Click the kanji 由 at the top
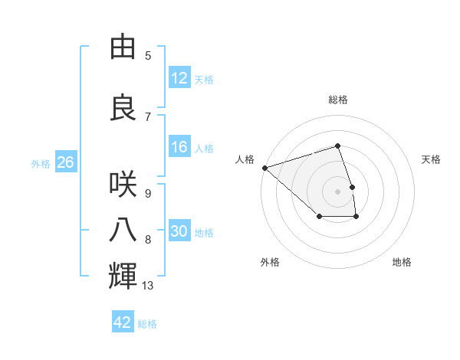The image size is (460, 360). coord(124,47)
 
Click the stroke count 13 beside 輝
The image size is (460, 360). coord(148,286)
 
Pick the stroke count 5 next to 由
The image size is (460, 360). coord(148,56)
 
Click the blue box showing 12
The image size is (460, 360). coord(179,78)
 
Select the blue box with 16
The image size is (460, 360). coord(179,147)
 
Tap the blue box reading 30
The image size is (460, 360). coord(179,231)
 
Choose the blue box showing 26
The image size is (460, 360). coord(65,162)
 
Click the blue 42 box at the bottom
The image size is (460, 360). coord(123,322)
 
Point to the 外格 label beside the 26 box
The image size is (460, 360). coord(41,163)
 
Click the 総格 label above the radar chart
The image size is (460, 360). coord(338,100)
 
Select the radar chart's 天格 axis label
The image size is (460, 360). coord(431,159)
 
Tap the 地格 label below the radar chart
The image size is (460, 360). coord(402,262)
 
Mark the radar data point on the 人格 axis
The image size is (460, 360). coord(264,167)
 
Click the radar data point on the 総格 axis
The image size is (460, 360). coord(338,146)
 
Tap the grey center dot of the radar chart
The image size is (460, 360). coord(338,191)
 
